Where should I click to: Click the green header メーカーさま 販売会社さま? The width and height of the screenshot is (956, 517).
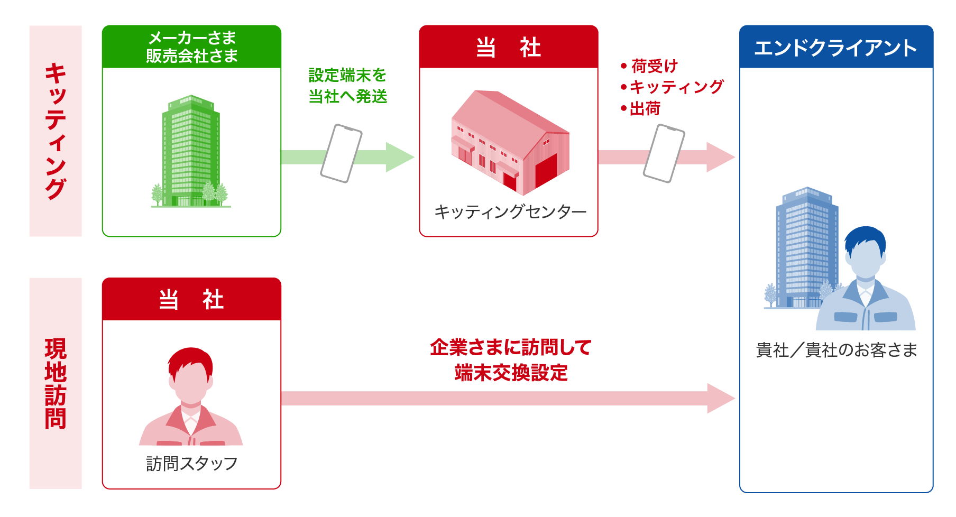click(x=191, y=47)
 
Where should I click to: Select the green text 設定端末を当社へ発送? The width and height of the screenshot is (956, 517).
click(x=348, y=86)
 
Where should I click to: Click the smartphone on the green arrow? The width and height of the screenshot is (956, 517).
click(x=341, y=153)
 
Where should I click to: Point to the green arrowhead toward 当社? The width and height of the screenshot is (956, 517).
click(x=399, y=157)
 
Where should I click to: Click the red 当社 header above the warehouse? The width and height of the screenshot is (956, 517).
click(x=508, y=47)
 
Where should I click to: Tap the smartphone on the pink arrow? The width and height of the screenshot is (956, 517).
click(x=664, y=153)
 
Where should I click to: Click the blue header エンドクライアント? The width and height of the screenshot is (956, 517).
click(x=835, y=48)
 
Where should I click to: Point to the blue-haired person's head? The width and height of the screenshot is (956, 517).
click(x=865, y=254)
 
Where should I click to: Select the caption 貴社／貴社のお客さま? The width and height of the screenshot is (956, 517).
click(x=836, y=350)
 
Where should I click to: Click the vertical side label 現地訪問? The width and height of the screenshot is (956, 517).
click(x=56, y=383)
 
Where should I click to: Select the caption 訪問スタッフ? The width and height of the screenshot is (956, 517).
click(x=191, y=464)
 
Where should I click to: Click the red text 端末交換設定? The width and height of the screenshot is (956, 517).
click(x=511, y=373)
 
